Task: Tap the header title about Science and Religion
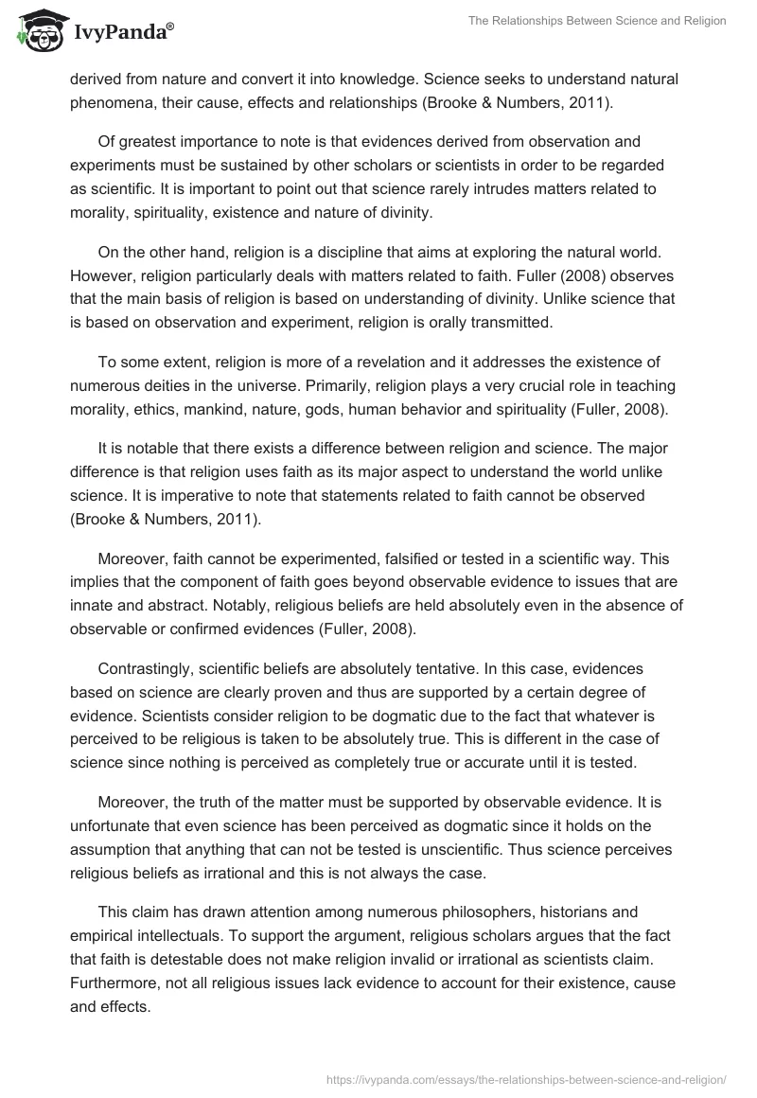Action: (597, 21)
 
